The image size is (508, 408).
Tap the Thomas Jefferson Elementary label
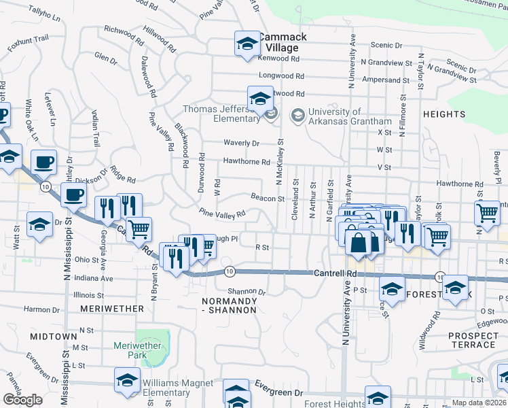(221, 113)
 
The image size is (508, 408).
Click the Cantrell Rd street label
(335, 273)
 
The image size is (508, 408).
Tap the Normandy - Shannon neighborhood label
(230, 305)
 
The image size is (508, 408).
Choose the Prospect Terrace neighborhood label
(473, 340)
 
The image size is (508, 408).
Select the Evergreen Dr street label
(277, 393)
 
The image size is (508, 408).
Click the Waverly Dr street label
(242, 143)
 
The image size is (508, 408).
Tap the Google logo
(22, 400)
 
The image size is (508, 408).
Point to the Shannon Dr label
(246, 292)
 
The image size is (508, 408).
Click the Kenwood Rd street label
(279, 59)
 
